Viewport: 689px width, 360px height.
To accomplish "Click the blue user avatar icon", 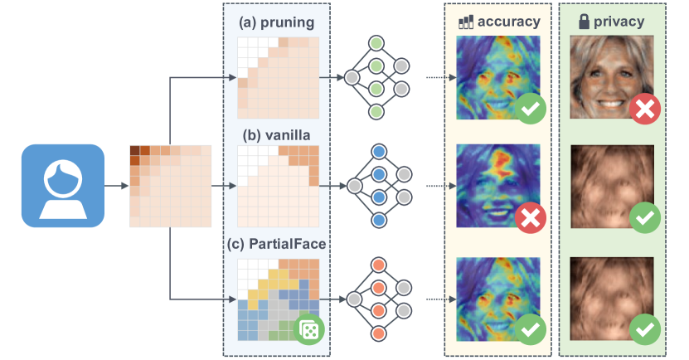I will point(63,186).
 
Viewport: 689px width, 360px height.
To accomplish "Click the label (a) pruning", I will point(276,22).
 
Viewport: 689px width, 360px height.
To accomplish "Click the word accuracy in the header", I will point(509,22).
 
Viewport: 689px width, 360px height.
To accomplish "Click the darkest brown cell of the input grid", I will point(135,150).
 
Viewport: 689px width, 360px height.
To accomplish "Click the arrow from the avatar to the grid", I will point(116,186).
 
